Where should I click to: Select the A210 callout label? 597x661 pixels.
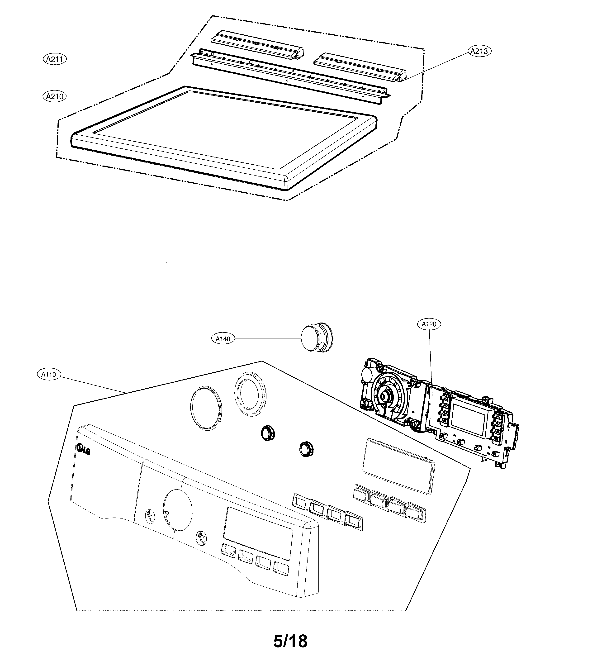(54, 96)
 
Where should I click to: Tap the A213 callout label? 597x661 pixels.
(479, 51)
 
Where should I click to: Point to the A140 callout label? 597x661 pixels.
(223, 339)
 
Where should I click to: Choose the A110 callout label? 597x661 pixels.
(48, 374)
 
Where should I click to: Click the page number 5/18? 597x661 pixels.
(290, 641)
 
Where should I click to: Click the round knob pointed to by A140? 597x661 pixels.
(315, 339)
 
